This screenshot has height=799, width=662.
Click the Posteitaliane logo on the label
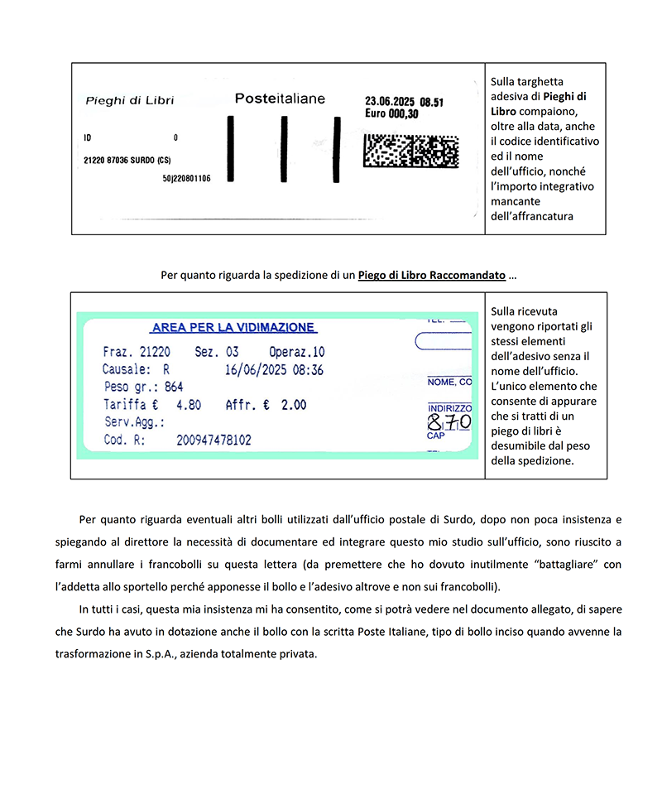coord(280,99)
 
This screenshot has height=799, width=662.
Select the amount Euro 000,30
coord(391,114)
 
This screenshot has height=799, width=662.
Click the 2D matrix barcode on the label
coord(411,151)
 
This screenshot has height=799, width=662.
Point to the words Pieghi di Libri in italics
coord(130,101)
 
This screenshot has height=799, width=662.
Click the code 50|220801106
coord(186,178)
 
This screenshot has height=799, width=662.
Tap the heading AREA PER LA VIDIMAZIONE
coord(233,328)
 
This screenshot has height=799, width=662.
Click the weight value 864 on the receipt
coord(174,387)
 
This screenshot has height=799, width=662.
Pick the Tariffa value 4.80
coord(189,405)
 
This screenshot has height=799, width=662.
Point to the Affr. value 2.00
coord(293,405)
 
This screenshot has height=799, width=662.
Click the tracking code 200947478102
coord(213,441)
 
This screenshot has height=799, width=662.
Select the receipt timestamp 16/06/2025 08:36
coord(274,369)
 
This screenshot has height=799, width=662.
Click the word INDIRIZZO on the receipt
coord(449,408)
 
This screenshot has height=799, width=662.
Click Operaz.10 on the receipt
coord(297,352)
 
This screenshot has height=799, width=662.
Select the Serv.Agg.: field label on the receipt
coord(135,423)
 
